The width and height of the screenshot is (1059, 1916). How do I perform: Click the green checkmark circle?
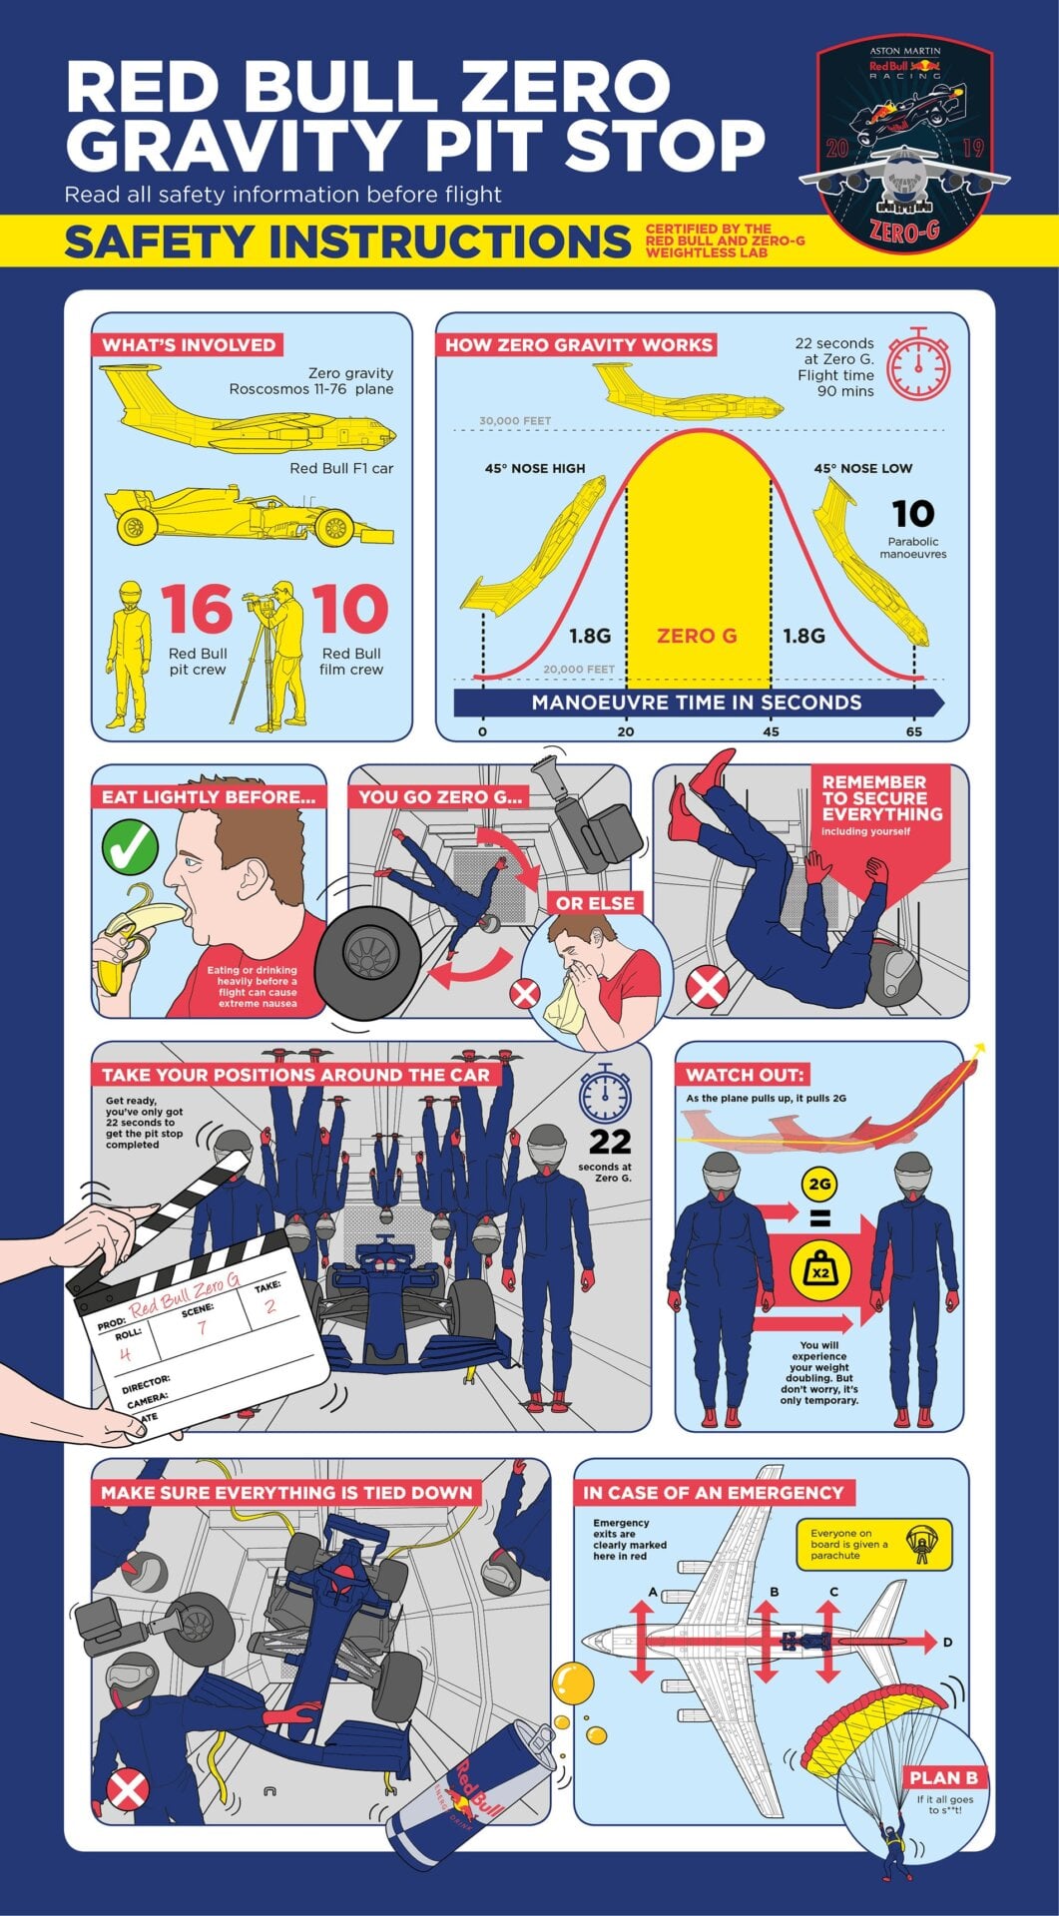click(131, 846)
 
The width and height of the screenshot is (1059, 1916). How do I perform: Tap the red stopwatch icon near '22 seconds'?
click(918, 364)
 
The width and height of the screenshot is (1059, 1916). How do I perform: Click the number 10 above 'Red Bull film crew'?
click(350, 609)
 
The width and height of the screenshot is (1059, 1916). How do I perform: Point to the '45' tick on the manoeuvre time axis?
click(770, 731)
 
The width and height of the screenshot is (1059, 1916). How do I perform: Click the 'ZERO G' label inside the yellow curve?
click(697, 636)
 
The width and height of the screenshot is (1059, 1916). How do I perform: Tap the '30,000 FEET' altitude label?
click(515, 421)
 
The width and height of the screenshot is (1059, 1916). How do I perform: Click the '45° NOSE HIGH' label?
click(535, 468)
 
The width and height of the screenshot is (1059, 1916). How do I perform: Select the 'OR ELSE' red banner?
click(595, 903)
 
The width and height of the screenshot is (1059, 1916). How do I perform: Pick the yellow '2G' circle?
click(818, 1185)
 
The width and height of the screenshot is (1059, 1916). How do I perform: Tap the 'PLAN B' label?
click(943, 1777)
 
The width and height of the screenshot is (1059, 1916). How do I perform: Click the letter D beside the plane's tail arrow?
click(947, 1642)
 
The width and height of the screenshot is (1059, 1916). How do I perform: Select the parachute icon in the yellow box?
click(919, 1544)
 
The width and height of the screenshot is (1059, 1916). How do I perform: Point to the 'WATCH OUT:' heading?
click(744, 1075)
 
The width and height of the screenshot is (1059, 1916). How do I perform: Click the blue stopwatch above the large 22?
click(605, 1092)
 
